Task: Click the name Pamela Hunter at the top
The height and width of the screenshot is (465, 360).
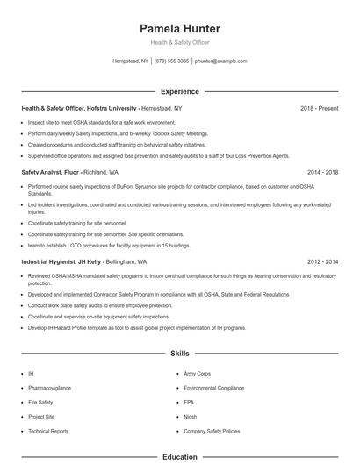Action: point(179,28)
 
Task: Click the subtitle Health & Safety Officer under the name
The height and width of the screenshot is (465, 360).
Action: point(179,42)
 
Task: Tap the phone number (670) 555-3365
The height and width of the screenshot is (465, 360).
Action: point(171,61)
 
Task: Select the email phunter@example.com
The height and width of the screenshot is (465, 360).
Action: point(221,61)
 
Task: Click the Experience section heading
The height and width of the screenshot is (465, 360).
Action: point(179,91)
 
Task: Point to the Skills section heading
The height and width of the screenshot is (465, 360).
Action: point(179,354)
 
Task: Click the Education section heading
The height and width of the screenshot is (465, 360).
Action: point(179,457)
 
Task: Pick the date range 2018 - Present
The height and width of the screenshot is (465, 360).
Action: point(319,108)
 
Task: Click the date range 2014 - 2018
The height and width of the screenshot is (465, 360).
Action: point(322,173)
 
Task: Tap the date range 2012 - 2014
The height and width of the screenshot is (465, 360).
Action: point(322,261)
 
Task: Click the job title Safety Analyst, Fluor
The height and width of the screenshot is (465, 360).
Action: point(52,173)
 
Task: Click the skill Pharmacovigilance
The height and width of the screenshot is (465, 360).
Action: point(49,387)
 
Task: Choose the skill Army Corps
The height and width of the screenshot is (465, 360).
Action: point(197,373)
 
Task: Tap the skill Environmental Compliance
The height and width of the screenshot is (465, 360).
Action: point(214,387)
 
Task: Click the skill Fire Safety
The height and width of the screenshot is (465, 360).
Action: point(40,402)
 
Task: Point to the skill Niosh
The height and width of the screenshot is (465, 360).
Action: point(191,417)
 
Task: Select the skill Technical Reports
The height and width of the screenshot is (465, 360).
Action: point(47,432)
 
